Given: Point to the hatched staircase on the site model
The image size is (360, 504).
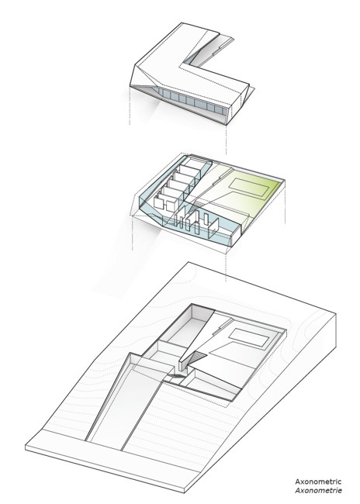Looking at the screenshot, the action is (x=197, y=357).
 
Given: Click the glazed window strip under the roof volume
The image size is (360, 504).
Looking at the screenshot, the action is (x=192, y=102).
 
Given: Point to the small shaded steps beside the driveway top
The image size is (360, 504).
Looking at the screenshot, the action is (x=176, y=375).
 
